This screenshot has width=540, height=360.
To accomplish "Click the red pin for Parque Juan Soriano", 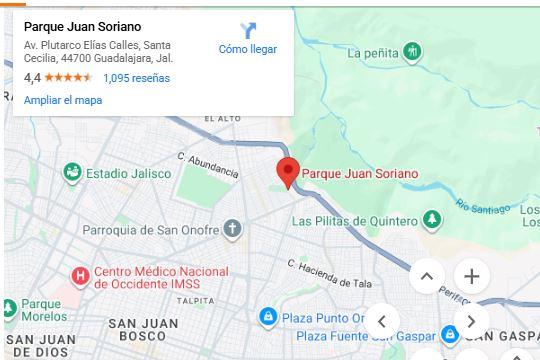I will coord(288,171).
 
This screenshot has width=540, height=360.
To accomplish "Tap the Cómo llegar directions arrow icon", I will coord(248,31).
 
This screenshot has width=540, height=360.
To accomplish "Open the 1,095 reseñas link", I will coord(136,78).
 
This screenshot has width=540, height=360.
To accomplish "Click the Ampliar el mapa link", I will coord(63,100).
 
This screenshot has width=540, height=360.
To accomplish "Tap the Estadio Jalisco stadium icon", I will coord(72,173).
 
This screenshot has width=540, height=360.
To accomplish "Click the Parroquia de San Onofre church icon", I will coord(232,230).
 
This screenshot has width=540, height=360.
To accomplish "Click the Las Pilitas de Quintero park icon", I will coord(431,220).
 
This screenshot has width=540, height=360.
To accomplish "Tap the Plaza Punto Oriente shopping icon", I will coord(267,318).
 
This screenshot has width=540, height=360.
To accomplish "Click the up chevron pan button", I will coord(426,276).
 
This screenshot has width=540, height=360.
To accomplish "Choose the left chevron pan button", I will coord(381,321).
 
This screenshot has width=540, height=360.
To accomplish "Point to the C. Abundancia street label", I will coord(207,165).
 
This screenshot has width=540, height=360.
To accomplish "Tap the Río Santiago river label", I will coord(482,206).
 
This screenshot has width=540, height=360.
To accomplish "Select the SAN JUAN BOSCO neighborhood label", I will coord(143,329).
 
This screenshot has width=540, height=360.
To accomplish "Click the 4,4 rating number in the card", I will coord(32,78).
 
